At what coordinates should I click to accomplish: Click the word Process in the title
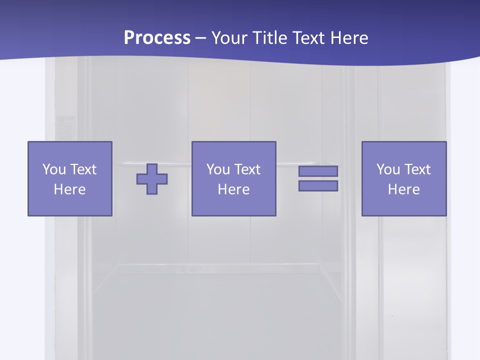point(157,38)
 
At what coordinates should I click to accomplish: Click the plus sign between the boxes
point(152,179)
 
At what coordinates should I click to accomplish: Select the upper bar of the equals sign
point(318,171)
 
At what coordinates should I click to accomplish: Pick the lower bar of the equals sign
point(318,186)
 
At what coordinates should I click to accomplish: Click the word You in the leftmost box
point(54,169)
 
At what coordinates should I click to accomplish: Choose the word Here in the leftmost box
point(69,189)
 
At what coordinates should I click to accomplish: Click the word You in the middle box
point(218,169)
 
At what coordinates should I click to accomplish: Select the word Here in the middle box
point(233,189)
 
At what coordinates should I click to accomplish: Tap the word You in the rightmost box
point(388,169)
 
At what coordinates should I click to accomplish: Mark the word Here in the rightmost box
point(403,189)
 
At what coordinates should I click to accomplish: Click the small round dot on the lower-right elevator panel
point(392,316)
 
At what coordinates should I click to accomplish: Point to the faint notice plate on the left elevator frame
point(64,127)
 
